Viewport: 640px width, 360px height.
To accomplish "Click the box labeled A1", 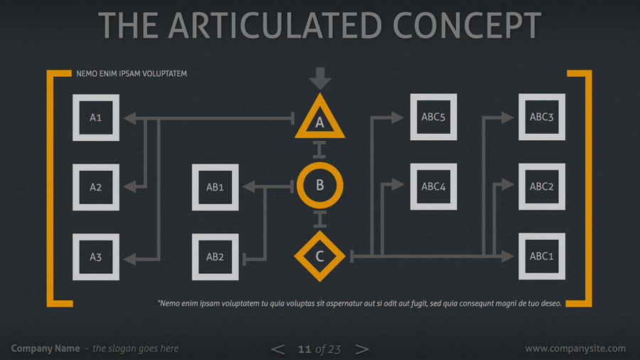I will point(96,117).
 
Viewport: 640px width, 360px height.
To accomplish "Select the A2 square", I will point(96,187).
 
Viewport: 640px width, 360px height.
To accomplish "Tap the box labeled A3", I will point(96,257).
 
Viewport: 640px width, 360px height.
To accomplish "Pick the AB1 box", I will point(215,187).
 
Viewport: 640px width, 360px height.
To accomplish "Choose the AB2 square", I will point(215,257).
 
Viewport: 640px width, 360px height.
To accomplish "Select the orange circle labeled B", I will point(319,185).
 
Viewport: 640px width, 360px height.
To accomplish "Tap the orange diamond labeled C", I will point(319,256).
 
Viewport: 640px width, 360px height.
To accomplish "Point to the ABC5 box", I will point(433,117).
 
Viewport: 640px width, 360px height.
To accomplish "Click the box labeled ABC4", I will point(433,187).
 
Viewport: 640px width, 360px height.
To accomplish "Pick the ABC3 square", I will point(541,117).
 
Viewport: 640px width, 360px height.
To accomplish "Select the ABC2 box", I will point(541,187).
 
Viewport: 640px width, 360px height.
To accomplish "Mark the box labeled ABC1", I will point(541,257).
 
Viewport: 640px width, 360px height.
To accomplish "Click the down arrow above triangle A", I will point(320,78).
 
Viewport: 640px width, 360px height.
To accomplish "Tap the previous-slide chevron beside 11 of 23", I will point(278,349).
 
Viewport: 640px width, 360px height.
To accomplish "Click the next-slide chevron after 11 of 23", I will point(362,349).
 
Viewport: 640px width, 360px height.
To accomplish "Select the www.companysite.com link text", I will point(575,349).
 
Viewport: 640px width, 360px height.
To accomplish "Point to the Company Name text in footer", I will point(46,349).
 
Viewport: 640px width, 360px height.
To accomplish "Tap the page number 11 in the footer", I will point(304,349).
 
